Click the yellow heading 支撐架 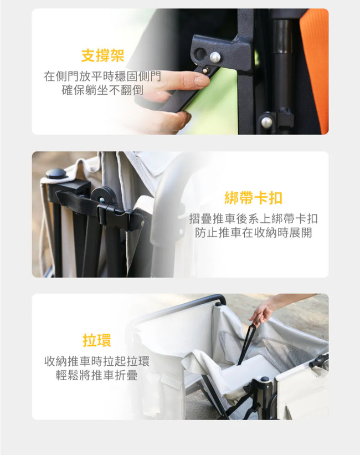click(102, 56)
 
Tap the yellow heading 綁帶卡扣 click(254, 198)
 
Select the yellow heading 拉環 click(97, 340)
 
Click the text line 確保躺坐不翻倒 click(102, 90)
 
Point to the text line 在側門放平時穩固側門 click(102, 76)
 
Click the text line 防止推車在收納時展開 click(254, 233)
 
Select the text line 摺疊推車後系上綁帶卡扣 click(254, 218)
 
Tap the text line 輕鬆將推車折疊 click(97, 375)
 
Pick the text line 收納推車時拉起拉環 click(97, 361)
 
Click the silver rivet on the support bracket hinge click(215, 57)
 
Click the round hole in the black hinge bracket click(200, 53)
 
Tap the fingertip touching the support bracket click(202, 80)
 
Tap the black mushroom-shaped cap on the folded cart click(56, 173)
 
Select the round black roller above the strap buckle click(104, 196)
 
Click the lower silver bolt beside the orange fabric click(266, 122)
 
